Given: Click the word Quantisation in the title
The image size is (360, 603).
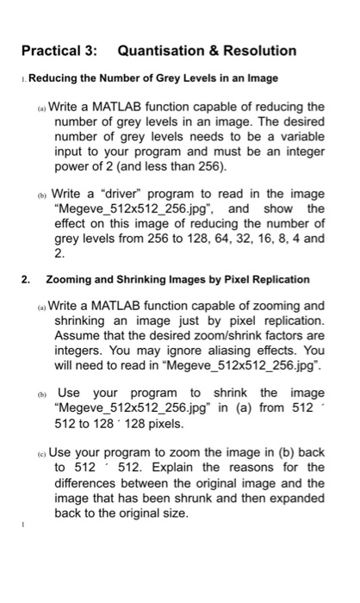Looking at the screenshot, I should pos(160,51).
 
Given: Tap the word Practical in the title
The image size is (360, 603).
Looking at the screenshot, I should pos(55,51).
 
